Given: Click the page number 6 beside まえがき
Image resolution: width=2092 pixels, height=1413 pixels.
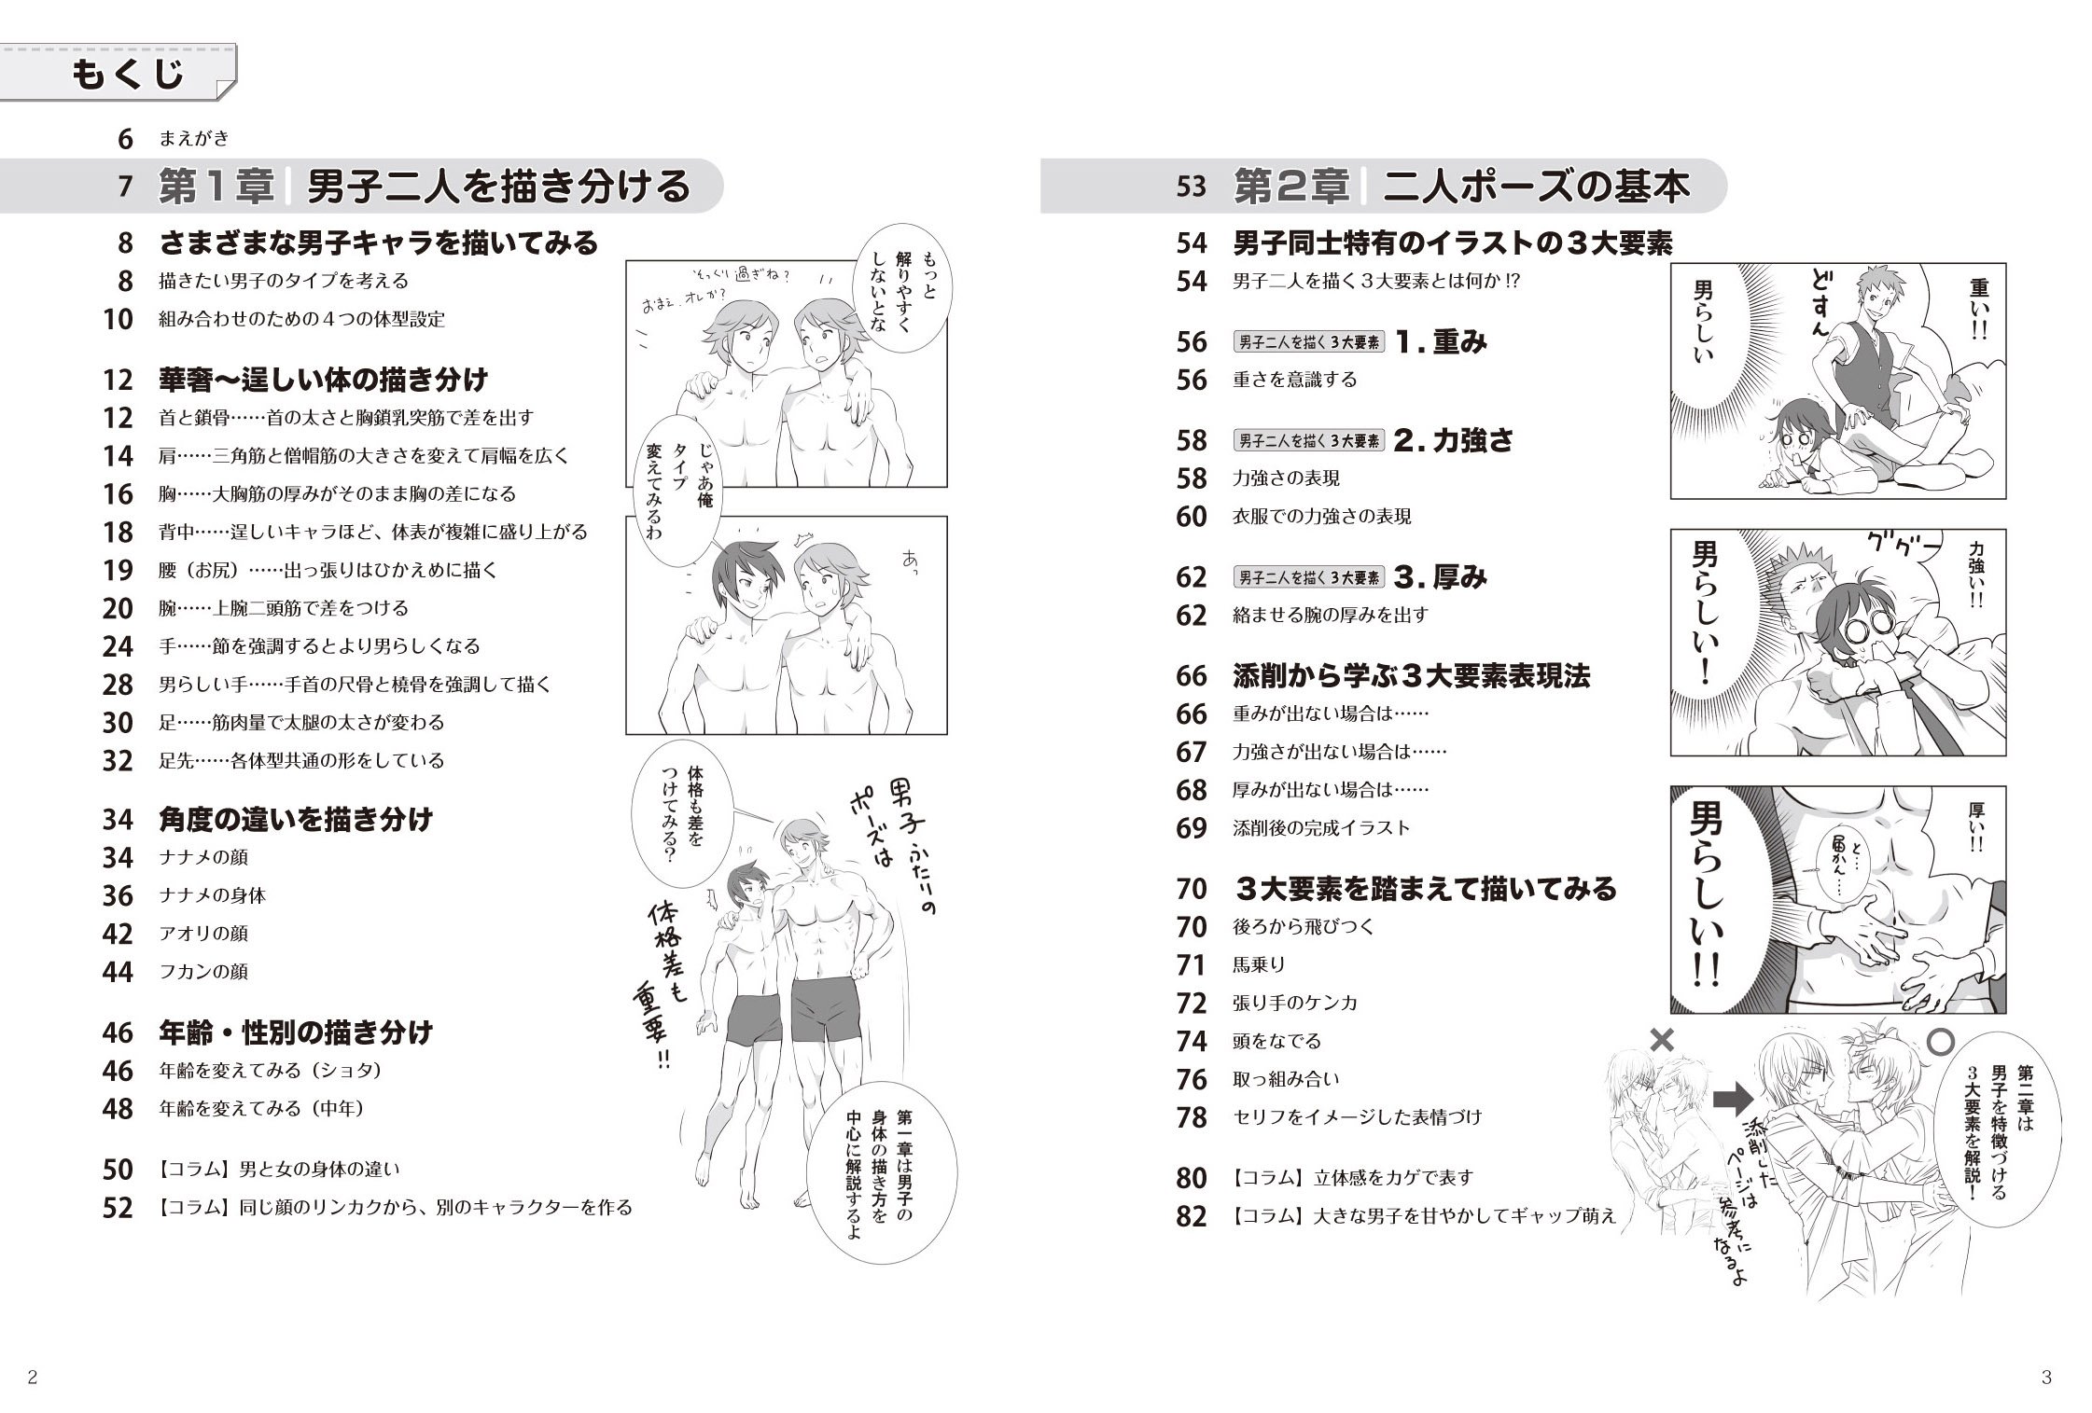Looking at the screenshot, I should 126,139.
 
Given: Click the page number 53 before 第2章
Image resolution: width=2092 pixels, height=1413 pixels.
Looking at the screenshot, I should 1191,187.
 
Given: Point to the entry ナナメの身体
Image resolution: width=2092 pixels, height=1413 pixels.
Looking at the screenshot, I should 213,895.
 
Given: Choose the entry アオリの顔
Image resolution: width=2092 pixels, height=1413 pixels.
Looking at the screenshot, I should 203,934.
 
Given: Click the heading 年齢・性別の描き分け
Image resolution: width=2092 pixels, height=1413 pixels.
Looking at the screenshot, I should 296,1032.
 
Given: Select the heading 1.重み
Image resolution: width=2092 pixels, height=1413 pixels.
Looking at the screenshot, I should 1441,342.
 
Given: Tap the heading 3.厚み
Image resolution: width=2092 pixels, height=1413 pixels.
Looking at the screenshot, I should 1441,577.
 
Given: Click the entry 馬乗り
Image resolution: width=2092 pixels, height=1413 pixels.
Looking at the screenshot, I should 1259,965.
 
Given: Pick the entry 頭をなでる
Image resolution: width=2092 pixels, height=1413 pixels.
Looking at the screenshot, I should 1276,1041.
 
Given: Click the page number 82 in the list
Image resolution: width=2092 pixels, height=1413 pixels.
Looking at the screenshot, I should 1192,1216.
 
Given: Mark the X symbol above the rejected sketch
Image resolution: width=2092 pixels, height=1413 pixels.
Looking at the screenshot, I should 1662,1041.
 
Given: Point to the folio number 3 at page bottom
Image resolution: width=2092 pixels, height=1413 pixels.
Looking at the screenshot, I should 2046,1378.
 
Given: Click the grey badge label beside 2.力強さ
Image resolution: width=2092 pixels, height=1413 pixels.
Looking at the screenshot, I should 1309,441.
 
